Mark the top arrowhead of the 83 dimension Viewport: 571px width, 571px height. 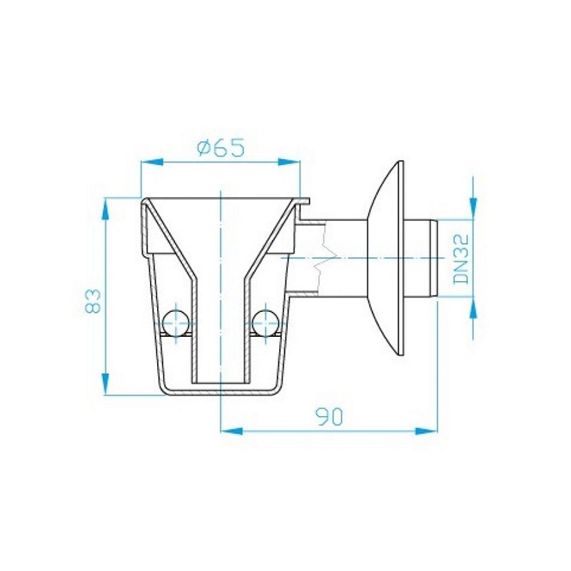pos(106,207)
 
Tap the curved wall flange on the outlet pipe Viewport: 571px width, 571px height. pos(389,257)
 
